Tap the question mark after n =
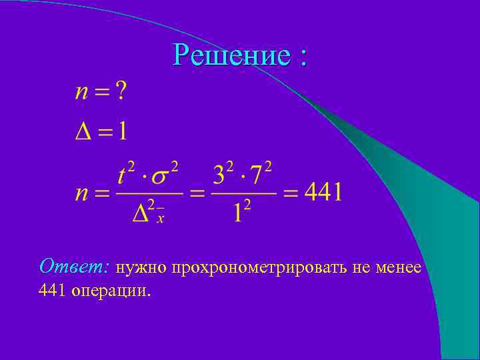pos(120,91)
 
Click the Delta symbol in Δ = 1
pos(83,130)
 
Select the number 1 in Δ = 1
pos(121,130)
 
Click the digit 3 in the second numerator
pos(220,177)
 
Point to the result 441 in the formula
pos(323,193)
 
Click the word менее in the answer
pos(398,268)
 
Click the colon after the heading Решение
pos(304,56)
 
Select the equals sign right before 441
pos(291,195)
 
